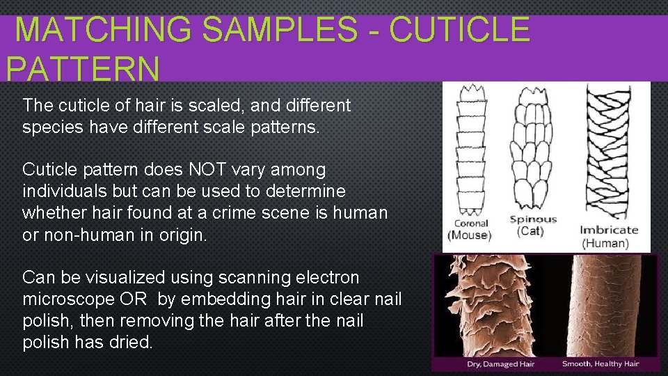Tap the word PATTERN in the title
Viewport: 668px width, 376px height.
click(82, 70)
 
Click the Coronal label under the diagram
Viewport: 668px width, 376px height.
click(471, 224)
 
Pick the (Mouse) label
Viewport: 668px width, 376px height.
click(470, 235)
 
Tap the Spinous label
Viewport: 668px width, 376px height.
click(533, 219)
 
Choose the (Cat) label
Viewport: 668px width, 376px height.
click(531, 231)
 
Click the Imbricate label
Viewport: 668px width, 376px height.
click(609, 230)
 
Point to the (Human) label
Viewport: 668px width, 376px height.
click(605, 243)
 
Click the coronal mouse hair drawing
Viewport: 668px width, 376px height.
click(470, 150)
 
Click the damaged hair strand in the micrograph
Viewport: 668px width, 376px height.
click(494, 306)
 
